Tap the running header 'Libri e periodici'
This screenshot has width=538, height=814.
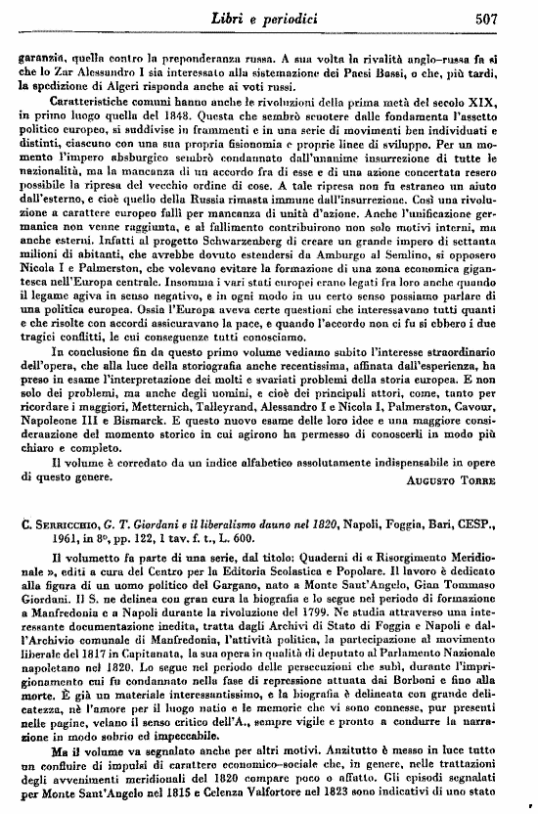280,17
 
